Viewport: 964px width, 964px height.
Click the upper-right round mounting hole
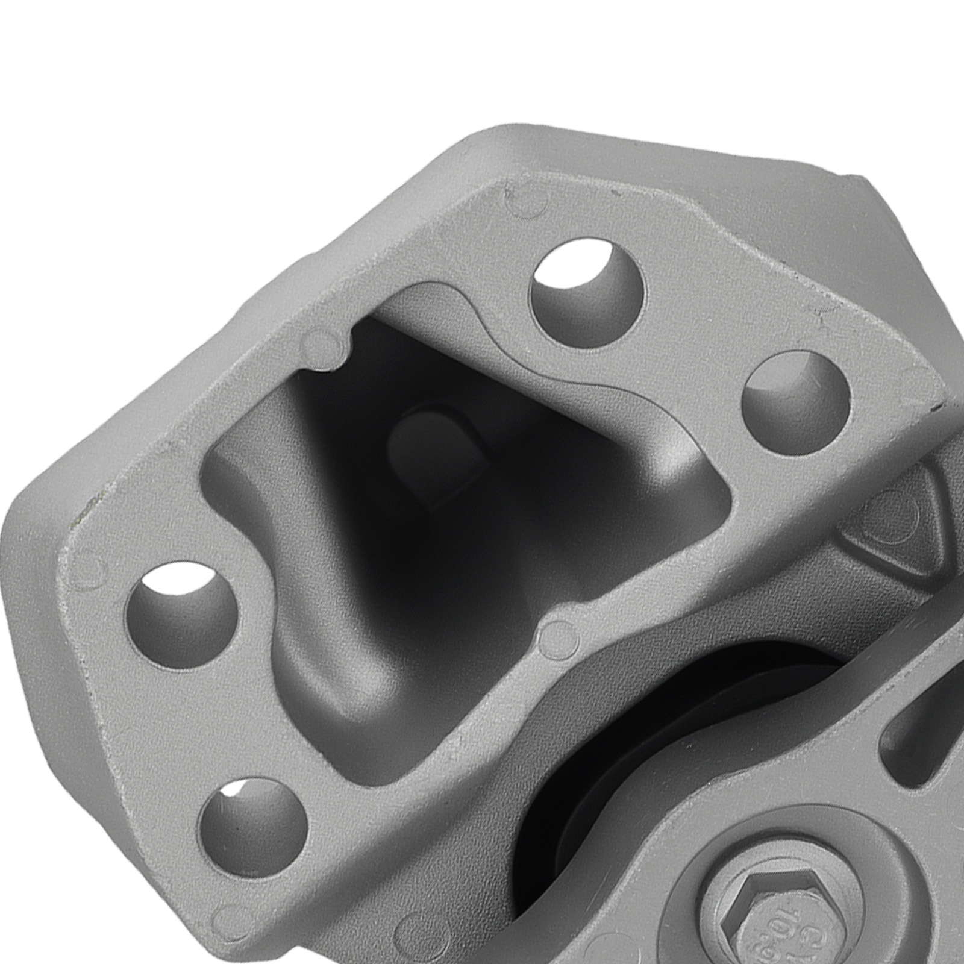coord(795,401)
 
